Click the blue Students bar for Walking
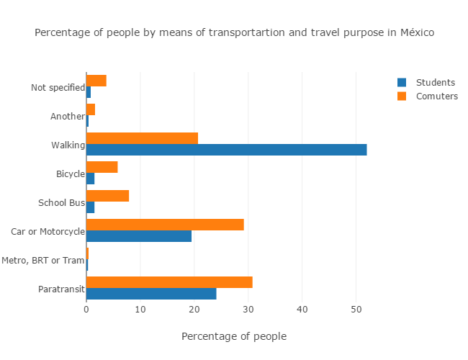pyautogui.click(x=226, y=150)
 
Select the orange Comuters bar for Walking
pyautogui.click(x=142, y=138)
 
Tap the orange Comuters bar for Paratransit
pyautogui.click(x=169, y=282)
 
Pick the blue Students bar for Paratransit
pyautogui.click(x=151, y=294)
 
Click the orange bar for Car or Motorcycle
pyautogui.click(x=165, y=225)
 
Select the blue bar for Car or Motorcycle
pyautogui.click(x=139, y=236)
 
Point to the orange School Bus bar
pyautogui.click(x=107, y=196)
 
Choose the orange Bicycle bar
pyautogui.click(x=102, y=167)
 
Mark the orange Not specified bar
pyautogui.click(x=96, y=81)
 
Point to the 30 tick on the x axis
pyautogui.click(x=248, y=310)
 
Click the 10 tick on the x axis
pyautogui.click(x=140, y=310)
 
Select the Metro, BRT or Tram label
pyautogui.click(x=43, y=260)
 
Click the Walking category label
pyautogui.click(x=68, y=145)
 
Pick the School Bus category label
pyautogui.click(x=61, y=202)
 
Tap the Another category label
pyautogui.click(x=67, y=116)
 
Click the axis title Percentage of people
pyautogui.click(x=234, y=336)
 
